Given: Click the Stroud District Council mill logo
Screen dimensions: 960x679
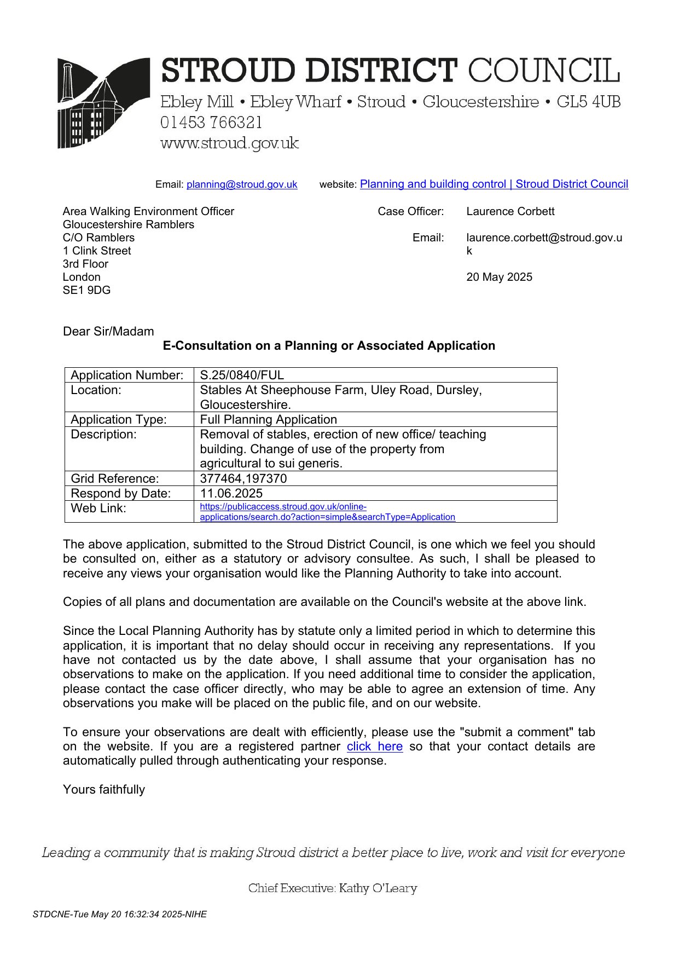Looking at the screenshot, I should (x=103, y=103).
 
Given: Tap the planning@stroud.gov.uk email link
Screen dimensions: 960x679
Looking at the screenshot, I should (x=242, y=184).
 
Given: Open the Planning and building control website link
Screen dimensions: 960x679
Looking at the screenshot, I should (x=494, y=184).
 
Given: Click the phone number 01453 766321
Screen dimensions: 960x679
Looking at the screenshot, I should (x=211, y=123).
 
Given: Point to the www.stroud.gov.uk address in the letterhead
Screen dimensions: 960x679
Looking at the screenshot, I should (x=229, y=143).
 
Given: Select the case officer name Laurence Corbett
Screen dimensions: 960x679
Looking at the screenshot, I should (x=510, y=211).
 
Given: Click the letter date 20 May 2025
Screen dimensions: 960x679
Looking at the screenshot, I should (x=499, y=277).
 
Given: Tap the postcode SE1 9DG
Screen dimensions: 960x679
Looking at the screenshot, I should (x=86, y=290).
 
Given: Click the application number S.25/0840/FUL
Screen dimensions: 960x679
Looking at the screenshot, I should (x=242, y=375).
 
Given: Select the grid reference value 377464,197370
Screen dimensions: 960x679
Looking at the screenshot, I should (x=243, y=478).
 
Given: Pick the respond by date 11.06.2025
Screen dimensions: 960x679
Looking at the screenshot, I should (x=231, y=493).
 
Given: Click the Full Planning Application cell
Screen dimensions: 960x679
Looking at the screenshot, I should (x=268, y=419).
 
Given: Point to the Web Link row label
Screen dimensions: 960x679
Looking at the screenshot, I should (x=98, y=508).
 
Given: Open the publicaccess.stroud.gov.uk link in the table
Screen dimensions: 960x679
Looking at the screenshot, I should (x=327, y=512).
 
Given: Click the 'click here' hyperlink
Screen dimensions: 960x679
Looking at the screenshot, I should (x=374, y=747).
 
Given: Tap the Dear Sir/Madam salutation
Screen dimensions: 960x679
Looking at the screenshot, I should (x=108, y=331).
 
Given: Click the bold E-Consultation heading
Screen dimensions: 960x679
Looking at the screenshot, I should (x=329, y=345).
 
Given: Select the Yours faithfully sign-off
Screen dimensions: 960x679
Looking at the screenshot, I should (x=104, y=789).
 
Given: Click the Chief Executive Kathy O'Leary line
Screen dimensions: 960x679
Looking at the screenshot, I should (x=333, y=888).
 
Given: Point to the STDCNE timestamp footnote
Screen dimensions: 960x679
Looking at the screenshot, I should (x=119, y=914).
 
